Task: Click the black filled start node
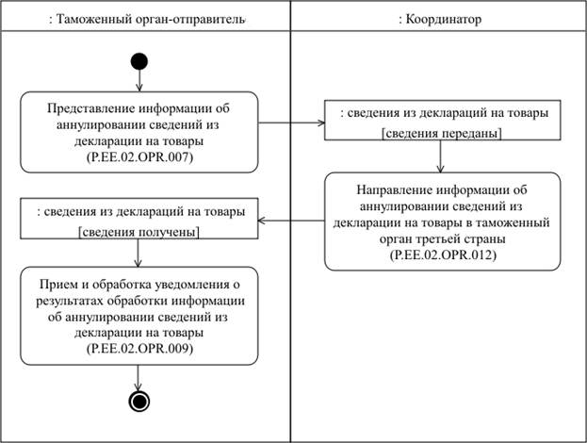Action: tap(139, 63)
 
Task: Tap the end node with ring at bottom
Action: tap(139, 401)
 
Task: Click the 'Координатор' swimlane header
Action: tap(439, 19)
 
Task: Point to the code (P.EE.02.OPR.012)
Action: tap(439, 254)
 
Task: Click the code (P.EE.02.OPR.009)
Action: tap(139, 349)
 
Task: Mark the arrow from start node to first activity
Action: tap(139, 82)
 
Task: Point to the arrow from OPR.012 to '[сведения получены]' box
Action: tap(292, 221)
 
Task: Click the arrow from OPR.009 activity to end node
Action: tap(139, 377)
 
